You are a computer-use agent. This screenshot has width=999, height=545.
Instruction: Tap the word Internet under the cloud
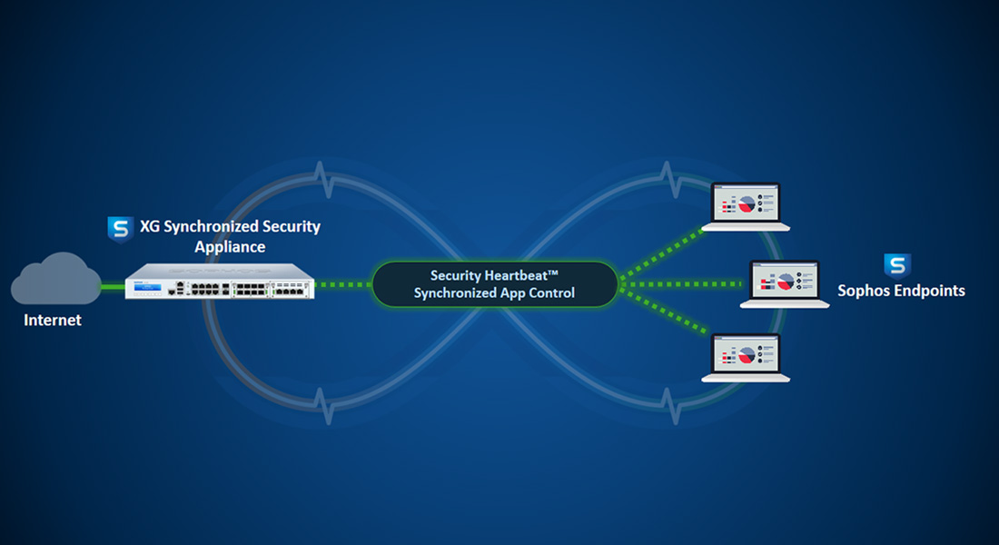pos(53,320)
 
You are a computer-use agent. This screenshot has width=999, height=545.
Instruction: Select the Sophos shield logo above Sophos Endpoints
pos(897,266)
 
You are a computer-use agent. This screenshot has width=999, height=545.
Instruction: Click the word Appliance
pos(230,247)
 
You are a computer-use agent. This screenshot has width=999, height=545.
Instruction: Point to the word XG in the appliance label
pos(150,226)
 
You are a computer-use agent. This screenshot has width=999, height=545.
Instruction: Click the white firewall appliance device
pos(220,281)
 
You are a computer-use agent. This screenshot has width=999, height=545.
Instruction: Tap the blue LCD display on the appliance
pos(148,287)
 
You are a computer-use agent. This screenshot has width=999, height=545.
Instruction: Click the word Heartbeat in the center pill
pos(516,275)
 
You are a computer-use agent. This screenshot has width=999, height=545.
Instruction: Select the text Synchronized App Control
pos(494,292)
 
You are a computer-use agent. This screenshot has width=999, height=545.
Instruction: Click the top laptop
pos(746,206)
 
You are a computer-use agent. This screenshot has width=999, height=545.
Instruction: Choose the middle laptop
pos(785,284)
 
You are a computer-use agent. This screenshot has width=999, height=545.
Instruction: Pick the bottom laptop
pos(746,358)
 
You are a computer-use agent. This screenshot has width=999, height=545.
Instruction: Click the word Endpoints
pos(930,291)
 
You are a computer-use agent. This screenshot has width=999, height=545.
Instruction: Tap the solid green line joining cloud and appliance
pos(114,287)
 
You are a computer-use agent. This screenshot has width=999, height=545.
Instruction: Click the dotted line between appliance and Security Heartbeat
pos(342,284)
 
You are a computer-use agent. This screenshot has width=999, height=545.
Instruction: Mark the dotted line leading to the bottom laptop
pos(663,312)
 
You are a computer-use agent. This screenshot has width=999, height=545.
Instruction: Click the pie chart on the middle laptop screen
pos(786,281)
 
